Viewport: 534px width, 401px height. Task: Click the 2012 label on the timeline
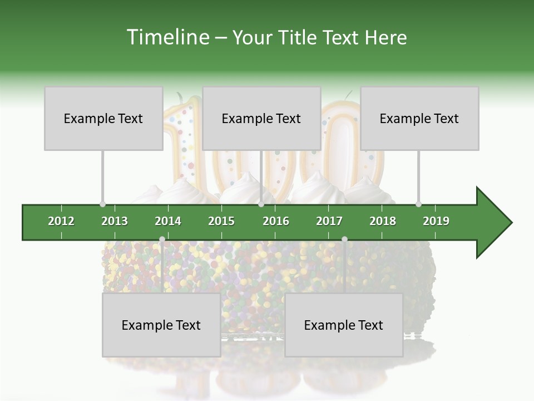tap(61, 221)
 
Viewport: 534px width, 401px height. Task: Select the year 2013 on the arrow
tap(115, 221)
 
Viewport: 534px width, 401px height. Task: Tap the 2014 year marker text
tap(168, 221)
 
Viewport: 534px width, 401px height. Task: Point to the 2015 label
tap(221, 221)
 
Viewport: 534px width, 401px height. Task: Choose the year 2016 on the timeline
tap(276, 221)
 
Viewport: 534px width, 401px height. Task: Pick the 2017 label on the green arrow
tap(329, 221)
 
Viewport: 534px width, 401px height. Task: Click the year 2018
tap(383, 221)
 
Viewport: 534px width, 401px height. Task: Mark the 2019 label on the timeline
tap(436, 221)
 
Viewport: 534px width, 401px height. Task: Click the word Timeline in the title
tap(166, 37)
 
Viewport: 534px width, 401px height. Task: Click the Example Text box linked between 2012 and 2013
tap(103, 118)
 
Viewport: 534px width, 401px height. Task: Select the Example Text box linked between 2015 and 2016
tap(261, 118)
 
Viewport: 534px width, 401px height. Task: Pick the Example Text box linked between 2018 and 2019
tap(419, 118)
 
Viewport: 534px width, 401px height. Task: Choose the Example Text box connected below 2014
tap(161, 325)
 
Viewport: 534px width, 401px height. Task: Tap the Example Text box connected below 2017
tap(344, 325)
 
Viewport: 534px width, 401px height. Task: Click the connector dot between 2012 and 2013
tap(102, 204)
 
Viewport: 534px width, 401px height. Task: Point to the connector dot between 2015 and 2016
tap(261, 204)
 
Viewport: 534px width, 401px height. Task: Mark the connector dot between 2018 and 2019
tap(418, 204)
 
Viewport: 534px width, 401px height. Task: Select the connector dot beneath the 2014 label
tap(162, 239)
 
